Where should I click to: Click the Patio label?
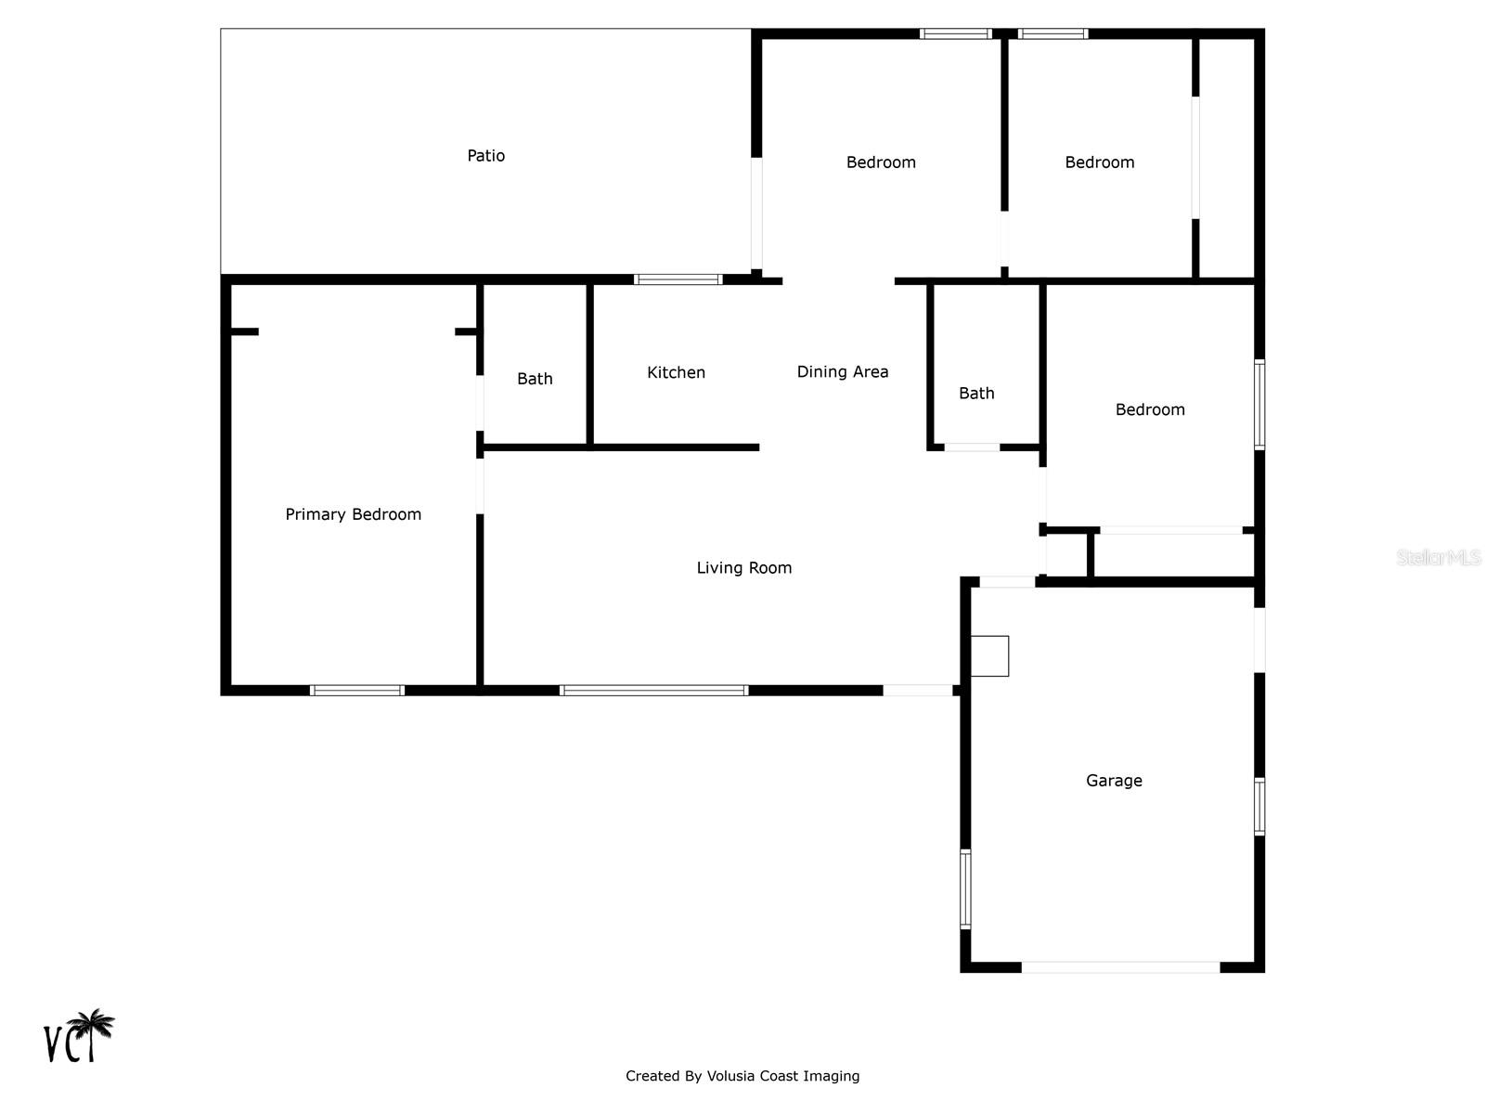tap(485, 156)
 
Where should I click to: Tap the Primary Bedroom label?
tap(353, 514)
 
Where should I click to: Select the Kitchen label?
tap(676, 372)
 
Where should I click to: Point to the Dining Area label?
tap(842, 371)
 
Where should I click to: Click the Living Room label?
tap(743, 567)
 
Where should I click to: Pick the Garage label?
tap(1114, 781)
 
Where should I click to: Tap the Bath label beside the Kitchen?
tap(535, 379)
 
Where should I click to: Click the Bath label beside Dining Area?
tap(975, 394)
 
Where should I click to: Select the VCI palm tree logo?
tap(80, 1036)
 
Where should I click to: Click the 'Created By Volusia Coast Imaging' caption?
tap(742, 1076)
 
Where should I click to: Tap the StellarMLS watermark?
tap(1438, 557)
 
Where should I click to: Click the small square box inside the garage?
tap(989, 655)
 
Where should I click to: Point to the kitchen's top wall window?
tap(678, 278)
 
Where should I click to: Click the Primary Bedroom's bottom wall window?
tap(357, 690)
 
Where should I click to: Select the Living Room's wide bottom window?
tap(653, 690)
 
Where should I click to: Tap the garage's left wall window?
tap(965, 888)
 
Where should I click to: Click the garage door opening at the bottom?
tap(1120, 967)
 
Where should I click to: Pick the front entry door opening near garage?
tap(917, 690)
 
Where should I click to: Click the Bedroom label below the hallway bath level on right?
tap(1150, 409)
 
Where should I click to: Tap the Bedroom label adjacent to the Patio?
tap(881, 162)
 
